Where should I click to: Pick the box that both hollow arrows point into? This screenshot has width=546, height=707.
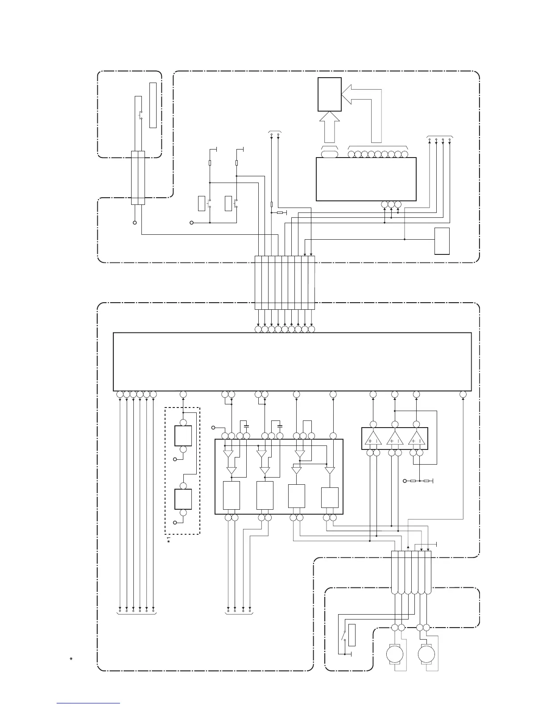click(330, 94)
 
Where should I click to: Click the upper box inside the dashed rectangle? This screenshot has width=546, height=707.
click(183, 436)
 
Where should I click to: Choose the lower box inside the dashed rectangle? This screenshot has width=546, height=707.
click(183, 499)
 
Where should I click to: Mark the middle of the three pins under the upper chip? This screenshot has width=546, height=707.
click(391, 205)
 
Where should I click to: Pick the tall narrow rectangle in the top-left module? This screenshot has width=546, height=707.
click(153, 105)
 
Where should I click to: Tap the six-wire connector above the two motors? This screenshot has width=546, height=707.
click(411, 572)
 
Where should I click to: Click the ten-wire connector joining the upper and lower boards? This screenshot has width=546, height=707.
click(285, 283)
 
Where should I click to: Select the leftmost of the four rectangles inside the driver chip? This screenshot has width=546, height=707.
click(231, 495)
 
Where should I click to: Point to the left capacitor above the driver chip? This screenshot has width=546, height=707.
click(244, 422)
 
